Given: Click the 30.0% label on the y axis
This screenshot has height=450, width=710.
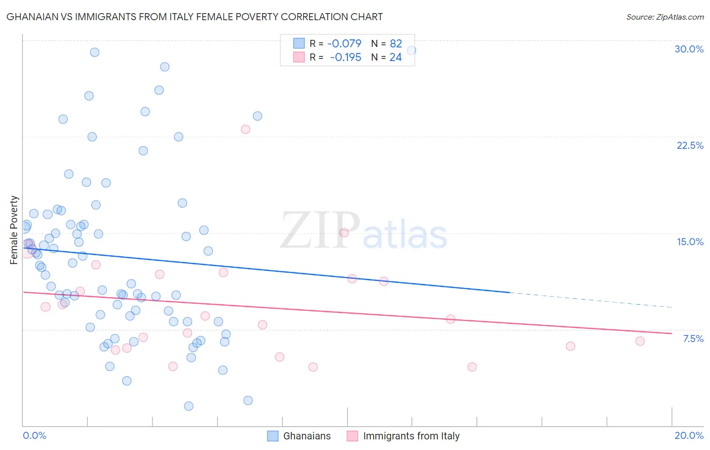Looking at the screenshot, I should click(689, 49).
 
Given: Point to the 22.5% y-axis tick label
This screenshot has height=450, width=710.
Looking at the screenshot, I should click(690, 145).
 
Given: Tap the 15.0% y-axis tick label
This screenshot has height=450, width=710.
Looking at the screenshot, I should click(690, 242).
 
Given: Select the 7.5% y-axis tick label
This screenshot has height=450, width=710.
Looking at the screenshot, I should click(693, 339).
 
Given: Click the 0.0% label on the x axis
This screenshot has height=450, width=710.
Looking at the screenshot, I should click(34, 435).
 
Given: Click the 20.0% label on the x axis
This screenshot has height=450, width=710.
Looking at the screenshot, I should click(689, 435).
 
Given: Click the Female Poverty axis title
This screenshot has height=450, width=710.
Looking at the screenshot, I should click(14, 230).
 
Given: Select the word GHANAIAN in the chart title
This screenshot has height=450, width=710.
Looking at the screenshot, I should click(32, 17).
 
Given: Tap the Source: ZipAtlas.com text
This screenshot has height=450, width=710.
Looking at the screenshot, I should click(665, 17).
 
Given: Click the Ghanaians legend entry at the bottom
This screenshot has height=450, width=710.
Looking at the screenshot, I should click(299, 436).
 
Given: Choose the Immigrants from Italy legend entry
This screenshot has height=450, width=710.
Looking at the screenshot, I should click(403, 436).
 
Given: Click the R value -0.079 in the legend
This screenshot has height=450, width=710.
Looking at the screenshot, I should click(344, 44).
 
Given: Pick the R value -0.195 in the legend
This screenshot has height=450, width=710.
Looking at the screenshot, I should click(345, 58).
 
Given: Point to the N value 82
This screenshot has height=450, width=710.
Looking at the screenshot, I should click(395, 44).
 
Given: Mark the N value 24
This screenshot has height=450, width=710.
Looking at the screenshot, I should click(395, 58).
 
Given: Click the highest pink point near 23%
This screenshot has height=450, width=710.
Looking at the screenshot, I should click(245, 129).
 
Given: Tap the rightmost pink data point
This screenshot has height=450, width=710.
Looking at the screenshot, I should click(640, 341).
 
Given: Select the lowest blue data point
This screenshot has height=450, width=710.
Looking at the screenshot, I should click(188, 406).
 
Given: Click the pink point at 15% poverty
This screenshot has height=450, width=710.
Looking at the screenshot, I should click(344, 233).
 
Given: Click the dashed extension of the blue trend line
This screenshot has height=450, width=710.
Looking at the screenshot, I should click(591, 300).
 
